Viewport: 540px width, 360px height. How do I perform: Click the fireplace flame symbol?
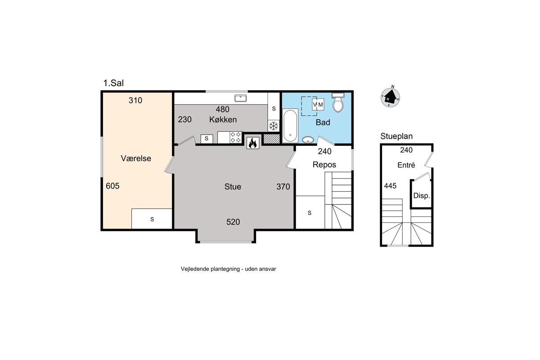252,143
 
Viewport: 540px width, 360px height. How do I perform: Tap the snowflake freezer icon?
274,126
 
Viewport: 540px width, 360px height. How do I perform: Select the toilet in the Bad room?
338,103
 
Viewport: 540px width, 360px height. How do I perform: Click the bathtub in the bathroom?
290,126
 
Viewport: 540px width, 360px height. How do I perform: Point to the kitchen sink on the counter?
240,98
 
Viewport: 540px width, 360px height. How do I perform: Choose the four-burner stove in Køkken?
235,137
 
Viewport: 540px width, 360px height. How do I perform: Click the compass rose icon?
390,97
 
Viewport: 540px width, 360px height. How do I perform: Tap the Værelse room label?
136,158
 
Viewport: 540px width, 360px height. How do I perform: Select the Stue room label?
233,187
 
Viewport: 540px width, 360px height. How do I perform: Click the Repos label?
324,165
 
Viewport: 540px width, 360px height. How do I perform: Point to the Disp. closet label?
422,196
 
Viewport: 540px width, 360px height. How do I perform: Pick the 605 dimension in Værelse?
112,186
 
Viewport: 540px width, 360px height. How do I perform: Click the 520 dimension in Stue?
233,222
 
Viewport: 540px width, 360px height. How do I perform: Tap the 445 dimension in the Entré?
390,186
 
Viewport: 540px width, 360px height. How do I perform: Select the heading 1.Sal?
113,83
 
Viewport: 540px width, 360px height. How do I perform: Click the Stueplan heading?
396,136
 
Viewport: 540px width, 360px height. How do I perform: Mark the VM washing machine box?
318,104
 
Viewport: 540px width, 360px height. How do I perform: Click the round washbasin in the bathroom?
308,139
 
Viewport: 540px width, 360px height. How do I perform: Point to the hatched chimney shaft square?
271,139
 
